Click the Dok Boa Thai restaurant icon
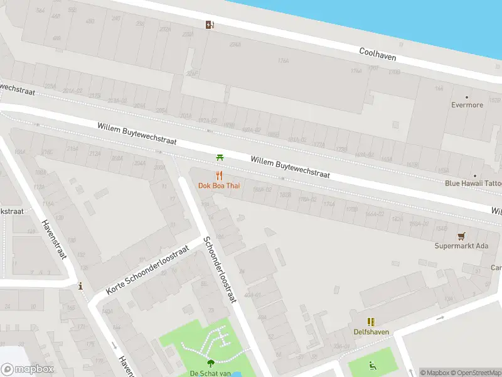[219, 175]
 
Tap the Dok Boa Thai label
[219, 186]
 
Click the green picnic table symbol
[220, 157]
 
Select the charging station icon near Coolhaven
[209, 25]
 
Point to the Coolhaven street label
[377, 55]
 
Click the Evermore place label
[467, 105]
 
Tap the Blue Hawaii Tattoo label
[473, 183]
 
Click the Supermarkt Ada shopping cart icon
[462, 236]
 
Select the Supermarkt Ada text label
[461, 246]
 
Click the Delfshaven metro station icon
[371, 322]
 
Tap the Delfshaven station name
[371, 332]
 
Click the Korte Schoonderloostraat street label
[147, 270]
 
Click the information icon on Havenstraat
[80, 287]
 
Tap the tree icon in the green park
[210, 363]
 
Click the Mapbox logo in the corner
[27, 369]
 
